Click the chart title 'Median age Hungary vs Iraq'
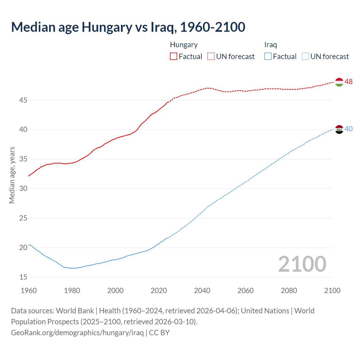(x=128, y=27)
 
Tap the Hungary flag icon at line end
(x=339, y=82)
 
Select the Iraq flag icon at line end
(x=339, y=129)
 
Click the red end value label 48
(x=348, y=82)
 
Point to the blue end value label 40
(x=348, y=129)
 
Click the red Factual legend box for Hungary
(x=174, y=57)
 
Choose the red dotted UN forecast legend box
(x=211, y=57)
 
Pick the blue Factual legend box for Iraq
(x=268, y=57)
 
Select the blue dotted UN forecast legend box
(x=305, y=57)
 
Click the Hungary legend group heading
(x=184, y=45)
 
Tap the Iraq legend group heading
(x=271, y=45)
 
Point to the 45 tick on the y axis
(x=23, y=100)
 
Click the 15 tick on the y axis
(x=23, y=277)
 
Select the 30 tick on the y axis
(x=23, y=188)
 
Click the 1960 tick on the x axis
(x=29, y=291)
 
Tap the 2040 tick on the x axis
(x=202, y=291)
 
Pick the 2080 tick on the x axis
(x=289, y=291)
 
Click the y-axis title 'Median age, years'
(x=12, y=175)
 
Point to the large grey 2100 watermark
(x=302, y=264)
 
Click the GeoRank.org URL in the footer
(x=77, y=333)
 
